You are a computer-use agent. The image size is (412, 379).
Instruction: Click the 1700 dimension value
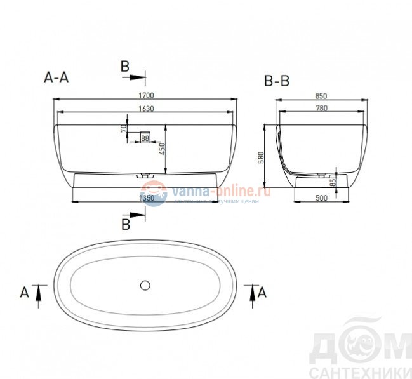coord(146,95)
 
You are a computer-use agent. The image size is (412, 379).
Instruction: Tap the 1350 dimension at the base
coord(147,198)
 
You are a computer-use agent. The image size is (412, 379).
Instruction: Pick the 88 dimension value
coord(145,138)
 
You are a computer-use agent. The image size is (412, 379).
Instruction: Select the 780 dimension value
coord(321,109)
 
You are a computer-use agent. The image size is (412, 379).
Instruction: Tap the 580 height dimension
coord(260,157)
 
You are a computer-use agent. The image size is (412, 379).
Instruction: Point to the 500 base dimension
coord(321,198)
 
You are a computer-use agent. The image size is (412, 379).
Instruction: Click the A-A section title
coord(56,77)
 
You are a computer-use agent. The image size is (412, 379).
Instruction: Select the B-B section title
coord(277,82)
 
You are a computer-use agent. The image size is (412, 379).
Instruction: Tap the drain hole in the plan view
coord(145,284)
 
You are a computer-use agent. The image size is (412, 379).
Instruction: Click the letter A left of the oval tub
coord(24,292)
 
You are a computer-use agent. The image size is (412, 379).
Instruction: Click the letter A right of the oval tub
coord(262,292)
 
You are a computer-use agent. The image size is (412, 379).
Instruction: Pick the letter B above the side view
coord(125,65)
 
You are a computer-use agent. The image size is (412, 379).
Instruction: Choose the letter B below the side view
coord(126,224)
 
